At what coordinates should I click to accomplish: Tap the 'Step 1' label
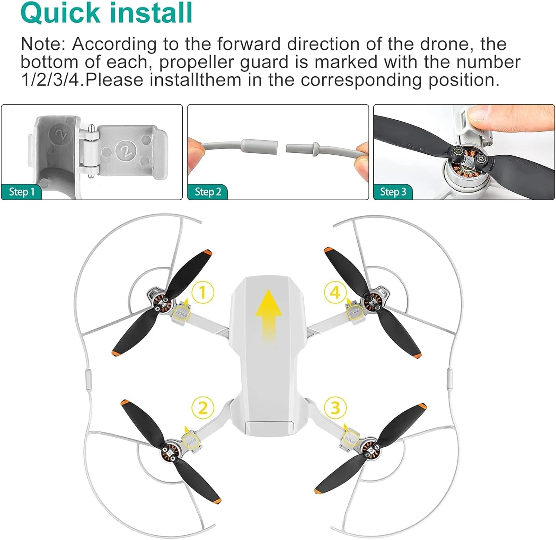click(21, 192)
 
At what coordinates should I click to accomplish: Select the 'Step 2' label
click(208, 192)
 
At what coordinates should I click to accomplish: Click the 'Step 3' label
click(393, 192)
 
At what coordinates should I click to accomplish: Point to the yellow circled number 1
click(202, 292)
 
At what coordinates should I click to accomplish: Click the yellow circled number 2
click(202, 408)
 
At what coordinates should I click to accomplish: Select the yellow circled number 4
click(335, 292)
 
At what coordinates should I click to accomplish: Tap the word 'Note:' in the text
click(43, 44)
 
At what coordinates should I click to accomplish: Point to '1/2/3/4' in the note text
click(50, 80)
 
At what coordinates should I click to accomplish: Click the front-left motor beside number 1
click(162, 302)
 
